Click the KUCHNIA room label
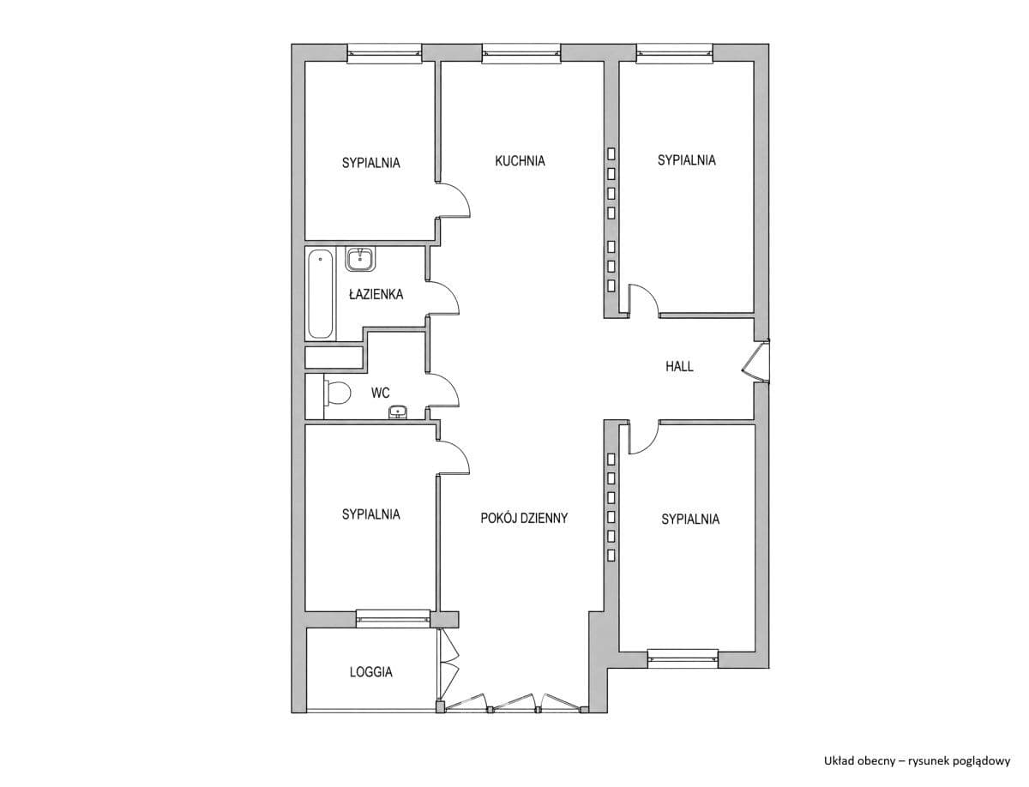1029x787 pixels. pos(520,161)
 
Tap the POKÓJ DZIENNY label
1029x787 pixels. pos(524,518)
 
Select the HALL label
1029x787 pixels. pos(679,366)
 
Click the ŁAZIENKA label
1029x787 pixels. pos(376,294)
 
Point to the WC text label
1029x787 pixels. pos(380,393)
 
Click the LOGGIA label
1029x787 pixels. pos(370,671)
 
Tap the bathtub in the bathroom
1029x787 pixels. pos(321,293)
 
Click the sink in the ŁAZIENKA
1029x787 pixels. pos(360,259)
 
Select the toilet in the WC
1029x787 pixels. pos(337,393)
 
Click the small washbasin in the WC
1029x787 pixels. pos(398,412)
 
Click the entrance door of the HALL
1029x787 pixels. pos(755,362)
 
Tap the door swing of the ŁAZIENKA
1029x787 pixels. pos(443,297)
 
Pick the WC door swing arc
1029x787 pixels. pos(443,390)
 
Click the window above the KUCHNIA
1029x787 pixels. pos(521,53)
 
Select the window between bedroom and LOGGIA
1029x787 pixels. pos(393,619)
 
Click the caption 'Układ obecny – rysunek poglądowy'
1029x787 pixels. pos(917,760)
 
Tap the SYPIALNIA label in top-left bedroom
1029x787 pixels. pos(370,163)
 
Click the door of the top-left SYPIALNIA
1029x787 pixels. pos(454,200)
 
